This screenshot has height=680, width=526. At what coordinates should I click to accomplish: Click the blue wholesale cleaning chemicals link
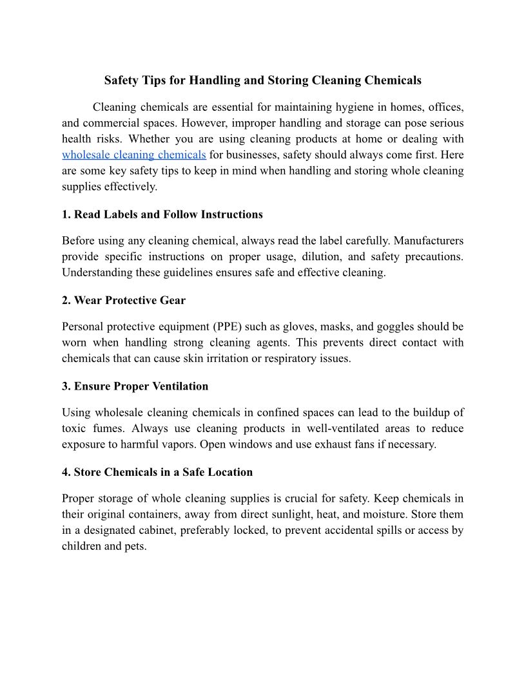click(133, 155)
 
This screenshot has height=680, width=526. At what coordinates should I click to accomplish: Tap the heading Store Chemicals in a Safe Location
click(157, 472)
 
